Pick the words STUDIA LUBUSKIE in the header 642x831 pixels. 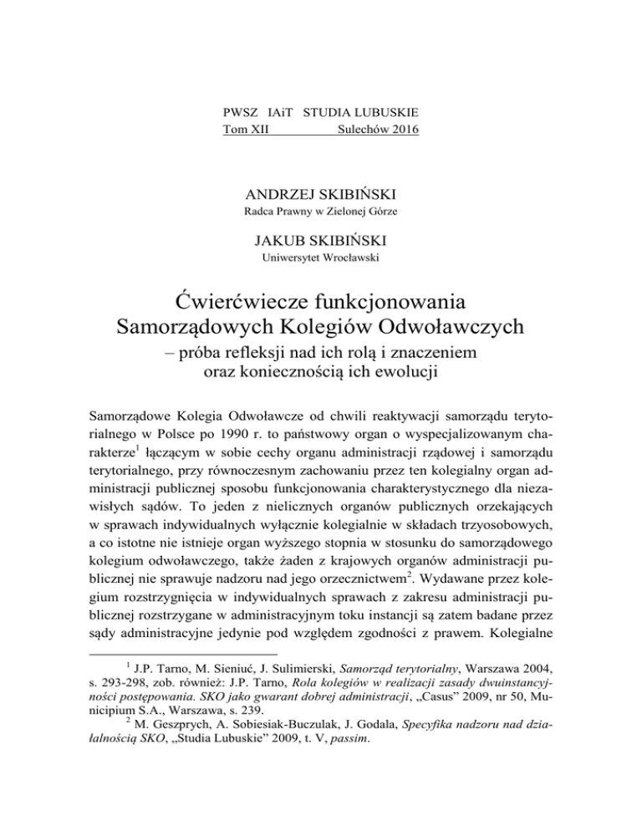[x=361, y=111]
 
